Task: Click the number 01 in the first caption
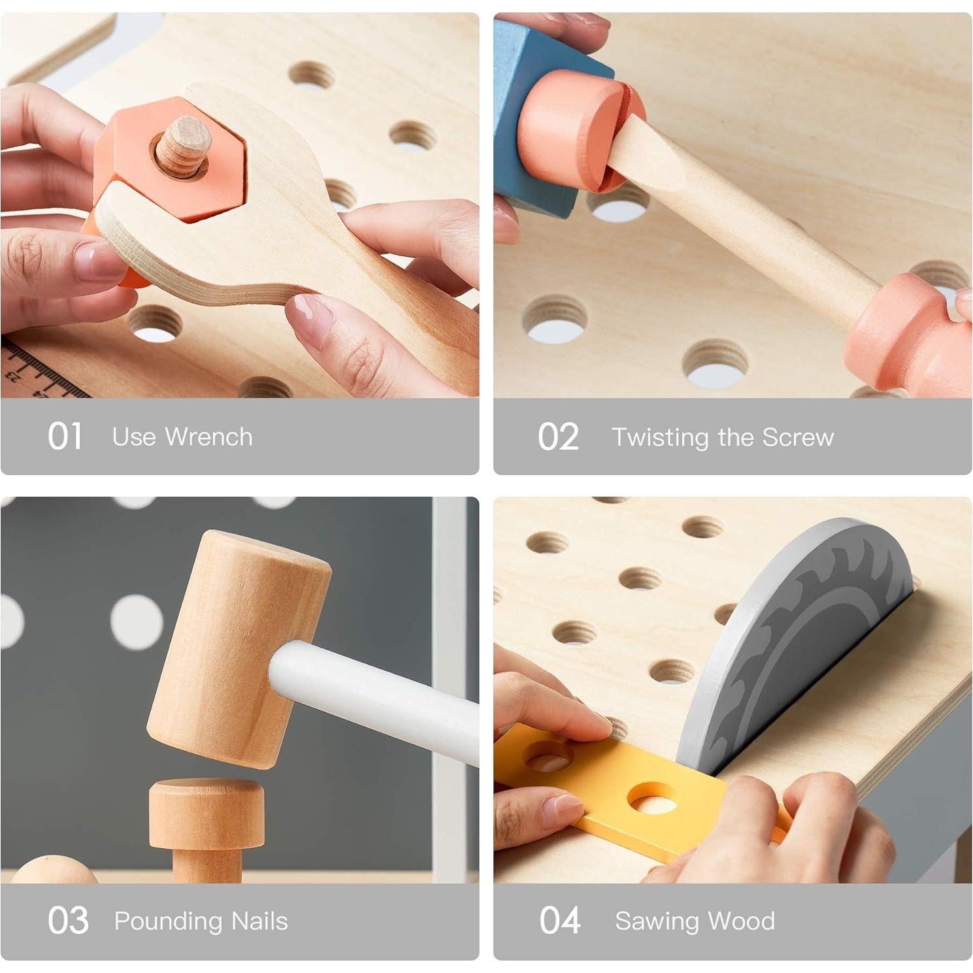tap(65, 437)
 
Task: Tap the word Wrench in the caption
tap(208, 437)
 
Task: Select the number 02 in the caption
tap(558, 437)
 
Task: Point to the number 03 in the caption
tap(68, 920)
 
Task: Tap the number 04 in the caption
tap(560, 920)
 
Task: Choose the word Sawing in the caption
tap(657, 921)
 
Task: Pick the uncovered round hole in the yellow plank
tap(652, 799)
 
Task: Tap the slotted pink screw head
tap(578, 131)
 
